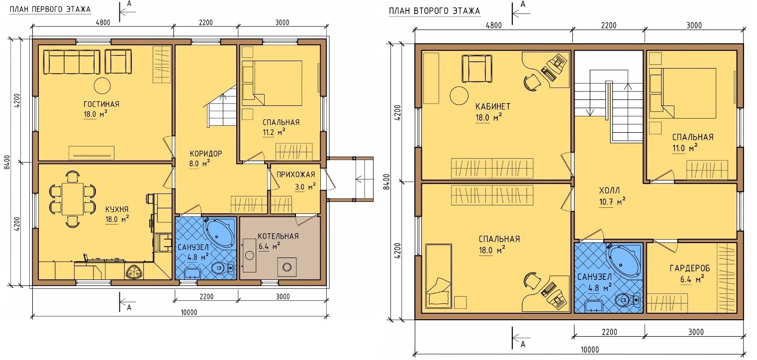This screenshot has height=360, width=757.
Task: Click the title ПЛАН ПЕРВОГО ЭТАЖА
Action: (50, 9)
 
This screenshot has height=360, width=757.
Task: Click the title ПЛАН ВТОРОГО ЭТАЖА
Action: (434, 11)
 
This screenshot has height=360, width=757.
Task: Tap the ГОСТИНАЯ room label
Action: (101, 104)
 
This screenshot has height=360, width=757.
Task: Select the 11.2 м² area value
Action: (274, 132)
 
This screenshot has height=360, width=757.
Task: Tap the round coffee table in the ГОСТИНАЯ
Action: (102, 86)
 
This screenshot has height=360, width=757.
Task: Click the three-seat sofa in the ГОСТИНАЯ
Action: (72, 62)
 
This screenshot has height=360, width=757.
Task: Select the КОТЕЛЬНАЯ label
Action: (278, 236)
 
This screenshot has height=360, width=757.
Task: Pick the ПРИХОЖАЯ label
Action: (296, 175)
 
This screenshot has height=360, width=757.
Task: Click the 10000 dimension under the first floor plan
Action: (189, 312)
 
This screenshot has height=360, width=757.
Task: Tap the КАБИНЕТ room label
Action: (493, 106)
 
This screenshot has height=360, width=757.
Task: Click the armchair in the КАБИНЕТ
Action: (477, 69)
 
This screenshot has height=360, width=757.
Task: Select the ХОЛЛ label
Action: (609, 190)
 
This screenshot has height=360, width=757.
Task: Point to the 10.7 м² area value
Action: (612, 201)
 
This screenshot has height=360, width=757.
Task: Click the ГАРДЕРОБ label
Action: (690, 268)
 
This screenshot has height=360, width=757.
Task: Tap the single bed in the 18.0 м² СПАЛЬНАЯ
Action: (439, 276)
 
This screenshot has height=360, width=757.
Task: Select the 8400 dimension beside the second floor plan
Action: (387, 181)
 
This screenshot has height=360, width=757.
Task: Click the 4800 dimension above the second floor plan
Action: (494, 25)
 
